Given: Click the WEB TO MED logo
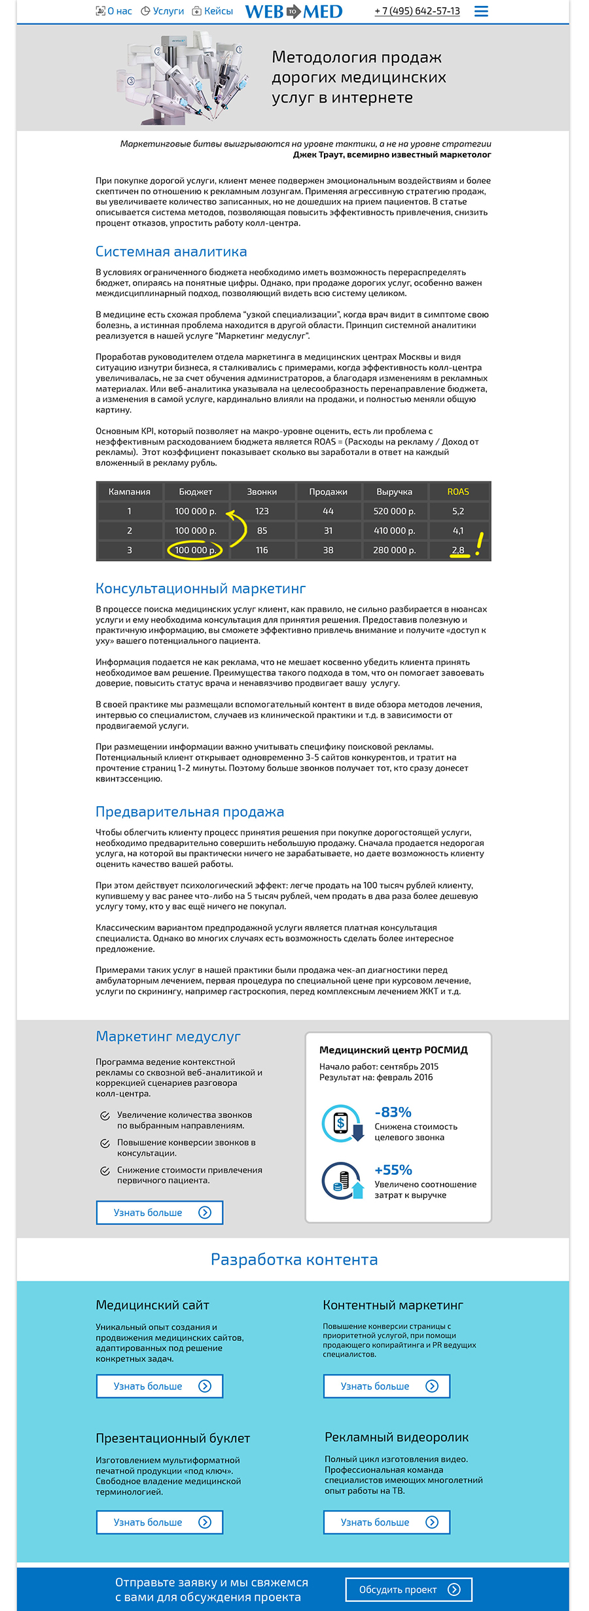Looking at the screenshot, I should point(294,12).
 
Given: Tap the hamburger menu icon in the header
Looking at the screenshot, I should point(481,12).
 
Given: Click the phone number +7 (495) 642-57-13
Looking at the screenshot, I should point(417,12).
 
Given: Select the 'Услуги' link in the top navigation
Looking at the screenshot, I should point(163,11).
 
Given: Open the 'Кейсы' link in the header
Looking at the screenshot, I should point(213,11).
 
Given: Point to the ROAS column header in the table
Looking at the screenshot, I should point(458,492).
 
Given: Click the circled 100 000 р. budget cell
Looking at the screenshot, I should point(195,551).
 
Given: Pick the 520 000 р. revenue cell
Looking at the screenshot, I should point(394,511).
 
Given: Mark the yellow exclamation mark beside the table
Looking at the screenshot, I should point(479,544).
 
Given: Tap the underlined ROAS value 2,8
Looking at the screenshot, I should point(458,551).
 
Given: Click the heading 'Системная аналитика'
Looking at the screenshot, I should point(171,252).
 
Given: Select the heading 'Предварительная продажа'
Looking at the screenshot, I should point(190,812).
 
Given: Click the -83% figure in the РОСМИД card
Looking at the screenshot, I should point(393,1112).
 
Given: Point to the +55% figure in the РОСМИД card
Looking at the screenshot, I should point(393,1170).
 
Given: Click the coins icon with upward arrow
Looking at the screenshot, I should point(342,1180).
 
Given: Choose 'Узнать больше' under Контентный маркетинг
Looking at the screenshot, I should point(387,1386).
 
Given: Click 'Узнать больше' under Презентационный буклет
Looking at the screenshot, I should point(160,1522).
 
